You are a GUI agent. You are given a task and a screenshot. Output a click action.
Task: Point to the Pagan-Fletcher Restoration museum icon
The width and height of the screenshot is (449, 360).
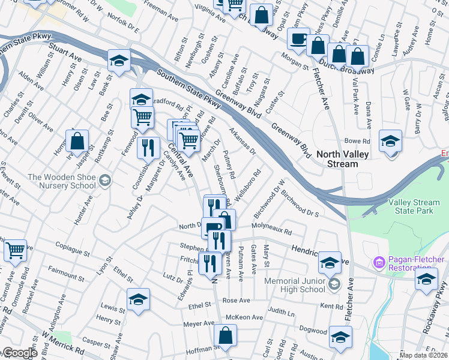tap(378, 263)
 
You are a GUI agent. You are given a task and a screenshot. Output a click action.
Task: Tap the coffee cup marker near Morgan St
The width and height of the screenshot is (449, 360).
tap(298, 40)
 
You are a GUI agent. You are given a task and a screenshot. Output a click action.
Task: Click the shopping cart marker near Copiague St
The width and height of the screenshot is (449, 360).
tap(15, 251)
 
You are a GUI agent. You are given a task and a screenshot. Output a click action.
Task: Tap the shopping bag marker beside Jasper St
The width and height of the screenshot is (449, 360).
tap(77, 142)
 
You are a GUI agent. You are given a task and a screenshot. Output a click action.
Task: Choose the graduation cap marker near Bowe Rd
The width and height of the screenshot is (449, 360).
tap(391, 142)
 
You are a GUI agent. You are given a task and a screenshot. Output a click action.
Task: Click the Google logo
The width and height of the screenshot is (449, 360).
tap(20, 353)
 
